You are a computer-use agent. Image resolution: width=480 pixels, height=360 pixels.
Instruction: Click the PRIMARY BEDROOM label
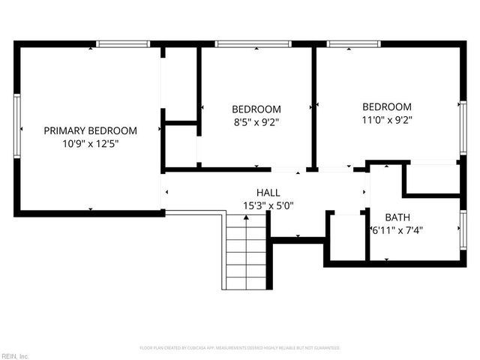click(90, 130)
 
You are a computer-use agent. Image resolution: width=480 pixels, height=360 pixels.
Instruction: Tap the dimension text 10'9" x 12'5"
click(90, 143)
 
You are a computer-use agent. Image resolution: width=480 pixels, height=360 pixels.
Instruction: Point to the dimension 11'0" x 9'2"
click(387, 119)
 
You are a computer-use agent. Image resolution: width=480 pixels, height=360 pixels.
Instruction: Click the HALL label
click(268, 192)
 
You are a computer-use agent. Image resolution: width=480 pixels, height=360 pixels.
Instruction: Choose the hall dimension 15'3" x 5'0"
click(268, 205)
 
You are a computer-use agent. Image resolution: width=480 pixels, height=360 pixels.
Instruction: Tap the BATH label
click(397, 217)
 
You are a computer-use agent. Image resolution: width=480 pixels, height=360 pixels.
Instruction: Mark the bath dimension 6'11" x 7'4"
click(397, 231)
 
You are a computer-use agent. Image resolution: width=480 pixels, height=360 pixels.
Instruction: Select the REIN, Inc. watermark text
click(15, 355)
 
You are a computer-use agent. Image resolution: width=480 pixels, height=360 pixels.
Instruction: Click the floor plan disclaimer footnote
click(240, 348)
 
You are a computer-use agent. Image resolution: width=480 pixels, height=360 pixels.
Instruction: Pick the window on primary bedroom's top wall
click(124, 44)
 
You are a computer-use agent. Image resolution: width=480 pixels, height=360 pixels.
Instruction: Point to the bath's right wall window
click(463, 229)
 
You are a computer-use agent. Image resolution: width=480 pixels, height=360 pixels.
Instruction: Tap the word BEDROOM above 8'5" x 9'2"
click(256, 109)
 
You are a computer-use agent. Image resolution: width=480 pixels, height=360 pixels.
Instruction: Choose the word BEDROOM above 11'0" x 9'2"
click(387, 106)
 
